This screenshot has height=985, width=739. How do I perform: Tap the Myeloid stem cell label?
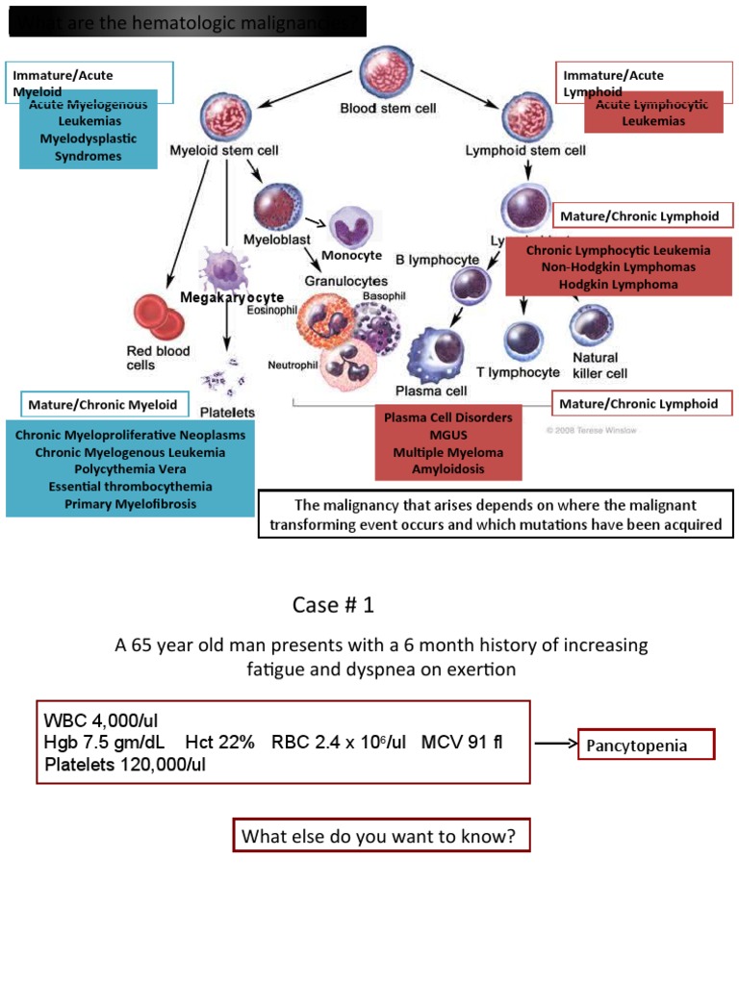point(224,150)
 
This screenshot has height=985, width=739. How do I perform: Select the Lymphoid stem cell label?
point(524,150)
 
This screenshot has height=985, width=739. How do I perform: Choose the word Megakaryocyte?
point(232,297)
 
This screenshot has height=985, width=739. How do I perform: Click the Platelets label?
point(227,412)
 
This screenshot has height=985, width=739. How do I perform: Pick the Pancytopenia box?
point(646,745)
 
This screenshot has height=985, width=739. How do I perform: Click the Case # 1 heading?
point(333,605)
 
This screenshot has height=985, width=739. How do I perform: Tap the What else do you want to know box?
point(381,836)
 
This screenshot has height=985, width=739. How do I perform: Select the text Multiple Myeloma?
point(447,452)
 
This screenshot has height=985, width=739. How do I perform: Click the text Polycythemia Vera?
point(130,469)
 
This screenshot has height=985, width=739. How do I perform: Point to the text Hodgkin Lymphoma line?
point(618,284)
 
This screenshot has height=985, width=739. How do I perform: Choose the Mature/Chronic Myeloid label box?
point(103,405)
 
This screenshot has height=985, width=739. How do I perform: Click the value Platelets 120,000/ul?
point(125,765)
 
